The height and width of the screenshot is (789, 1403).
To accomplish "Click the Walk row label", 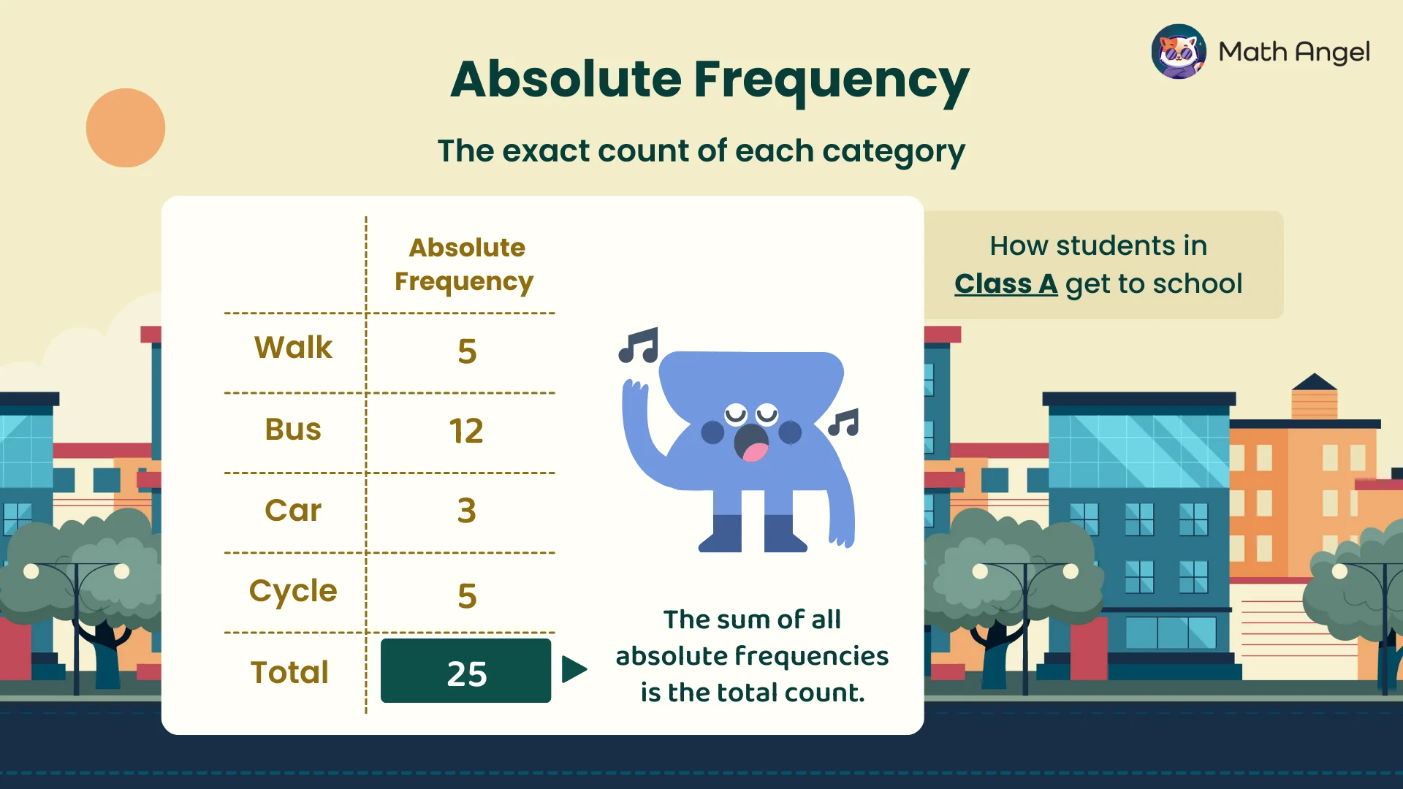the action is [293, 347].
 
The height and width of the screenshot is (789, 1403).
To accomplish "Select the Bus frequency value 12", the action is [466, 430].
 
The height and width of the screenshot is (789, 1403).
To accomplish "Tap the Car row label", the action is [293, 510].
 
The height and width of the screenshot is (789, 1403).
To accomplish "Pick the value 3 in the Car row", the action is [467, 510].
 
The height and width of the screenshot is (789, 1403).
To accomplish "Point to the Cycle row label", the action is [293, 592].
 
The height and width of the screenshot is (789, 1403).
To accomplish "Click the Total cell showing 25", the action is [466, 671].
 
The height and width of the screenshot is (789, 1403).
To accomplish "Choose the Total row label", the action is [290, 672].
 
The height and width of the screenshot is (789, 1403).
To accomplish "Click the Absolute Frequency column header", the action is [465, 264].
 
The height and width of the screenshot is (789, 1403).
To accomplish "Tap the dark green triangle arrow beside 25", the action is [574, 669].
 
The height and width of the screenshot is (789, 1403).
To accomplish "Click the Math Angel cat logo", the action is [1179, 51].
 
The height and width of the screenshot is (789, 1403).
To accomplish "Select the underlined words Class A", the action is [1005, 283].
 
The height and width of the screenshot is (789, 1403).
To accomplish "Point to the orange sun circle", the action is [126, 128].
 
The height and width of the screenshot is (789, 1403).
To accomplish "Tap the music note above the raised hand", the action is [639, 346].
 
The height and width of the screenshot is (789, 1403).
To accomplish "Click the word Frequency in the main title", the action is [832, 80].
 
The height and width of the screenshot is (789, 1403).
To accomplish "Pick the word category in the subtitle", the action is [894, 152].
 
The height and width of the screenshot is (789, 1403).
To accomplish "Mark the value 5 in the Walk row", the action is [468, 351].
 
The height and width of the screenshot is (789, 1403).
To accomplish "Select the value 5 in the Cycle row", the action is [468, 596].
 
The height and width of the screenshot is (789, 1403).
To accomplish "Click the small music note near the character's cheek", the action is [844, 423].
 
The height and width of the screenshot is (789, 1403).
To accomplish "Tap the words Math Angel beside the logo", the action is [1294, 52].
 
